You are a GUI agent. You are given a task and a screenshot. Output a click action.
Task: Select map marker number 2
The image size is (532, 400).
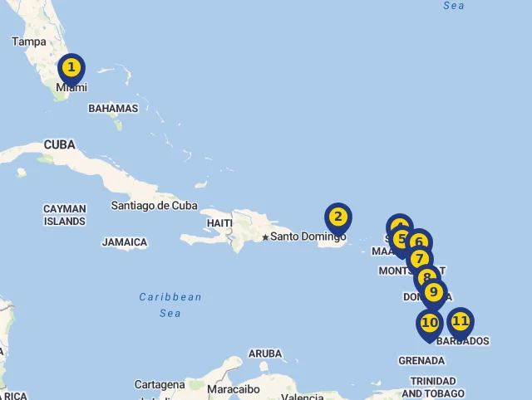point(337,217)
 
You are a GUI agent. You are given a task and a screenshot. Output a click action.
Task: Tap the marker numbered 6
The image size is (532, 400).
point(419,242)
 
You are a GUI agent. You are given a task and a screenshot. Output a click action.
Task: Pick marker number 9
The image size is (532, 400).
point(433,292)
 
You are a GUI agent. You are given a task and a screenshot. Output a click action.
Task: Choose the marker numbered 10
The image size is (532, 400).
point(429,323)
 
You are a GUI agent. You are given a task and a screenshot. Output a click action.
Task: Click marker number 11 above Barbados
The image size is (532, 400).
point(460,321)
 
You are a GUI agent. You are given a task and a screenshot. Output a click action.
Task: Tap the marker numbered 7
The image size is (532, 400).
point(419,259)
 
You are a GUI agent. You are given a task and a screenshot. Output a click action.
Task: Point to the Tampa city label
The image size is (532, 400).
point(29,41)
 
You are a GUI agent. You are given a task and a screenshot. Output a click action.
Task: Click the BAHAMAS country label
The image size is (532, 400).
point(113,109)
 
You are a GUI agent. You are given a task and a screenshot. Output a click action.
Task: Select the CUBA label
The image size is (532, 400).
point(59,144)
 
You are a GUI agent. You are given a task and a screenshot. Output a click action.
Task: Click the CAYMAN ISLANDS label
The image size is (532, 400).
point(65,216)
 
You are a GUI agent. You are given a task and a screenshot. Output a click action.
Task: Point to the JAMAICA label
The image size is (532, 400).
point(125,242)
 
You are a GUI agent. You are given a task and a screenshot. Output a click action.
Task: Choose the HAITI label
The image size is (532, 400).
point(219,223)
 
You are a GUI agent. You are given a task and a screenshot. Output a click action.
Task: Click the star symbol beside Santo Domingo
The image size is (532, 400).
point(265,237)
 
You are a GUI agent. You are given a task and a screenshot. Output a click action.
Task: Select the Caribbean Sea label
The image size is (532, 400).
point(170,305)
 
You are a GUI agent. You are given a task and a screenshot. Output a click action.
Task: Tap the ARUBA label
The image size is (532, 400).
point(265,354)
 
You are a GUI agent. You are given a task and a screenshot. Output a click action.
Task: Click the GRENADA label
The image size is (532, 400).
point(421,360)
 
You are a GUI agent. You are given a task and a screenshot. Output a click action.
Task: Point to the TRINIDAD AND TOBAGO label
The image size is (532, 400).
point(432,387)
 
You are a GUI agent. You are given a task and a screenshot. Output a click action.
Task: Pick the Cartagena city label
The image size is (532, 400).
point(160,385)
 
